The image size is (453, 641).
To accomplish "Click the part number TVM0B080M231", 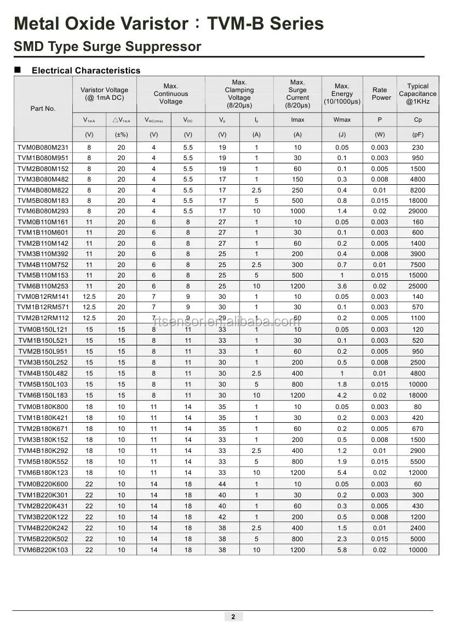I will pos(43,147).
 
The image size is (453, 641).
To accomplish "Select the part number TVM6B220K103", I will pos(43,549).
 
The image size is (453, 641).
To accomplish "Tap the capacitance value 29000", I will pos(417,211).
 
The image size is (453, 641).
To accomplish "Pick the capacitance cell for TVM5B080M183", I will pos(417,201).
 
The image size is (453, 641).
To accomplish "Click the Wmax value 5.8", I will pos(342,549).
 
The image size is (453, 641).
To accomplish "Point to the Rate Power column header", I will pos(380,94).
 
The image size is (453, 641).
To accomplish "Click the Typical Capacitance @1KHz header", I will pos(417,94).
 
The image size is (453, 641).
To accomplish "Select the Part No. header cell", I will pos(43,109).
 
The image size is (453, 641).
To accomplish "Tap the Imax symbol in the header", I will pos(297,120).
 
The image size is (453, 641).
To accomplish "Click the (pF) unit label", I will pos(417,134).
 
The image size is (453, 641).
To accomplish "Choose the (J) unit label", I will pos(342,134).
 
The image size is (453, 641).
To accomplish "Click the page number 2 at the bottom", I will pos(233,617).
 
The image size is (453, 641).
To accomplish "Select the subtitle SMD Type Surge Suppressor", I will pos(107,47).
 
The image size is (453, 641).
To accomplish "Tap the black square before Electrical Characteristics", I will pos(18,70).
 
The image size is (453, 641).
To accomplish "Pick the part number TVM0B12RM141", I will pos(43,296).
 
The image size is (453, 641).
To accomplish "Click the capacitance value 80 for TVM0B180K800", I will pos(417,407).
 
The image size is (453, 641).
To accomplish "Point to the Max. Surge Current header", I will pos(297,94).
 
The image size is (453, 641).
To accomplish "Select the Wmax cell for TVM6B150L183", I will pos(342,395).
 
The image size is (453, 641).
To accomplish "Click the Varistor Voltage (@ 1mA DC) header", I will pos(104,94).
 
